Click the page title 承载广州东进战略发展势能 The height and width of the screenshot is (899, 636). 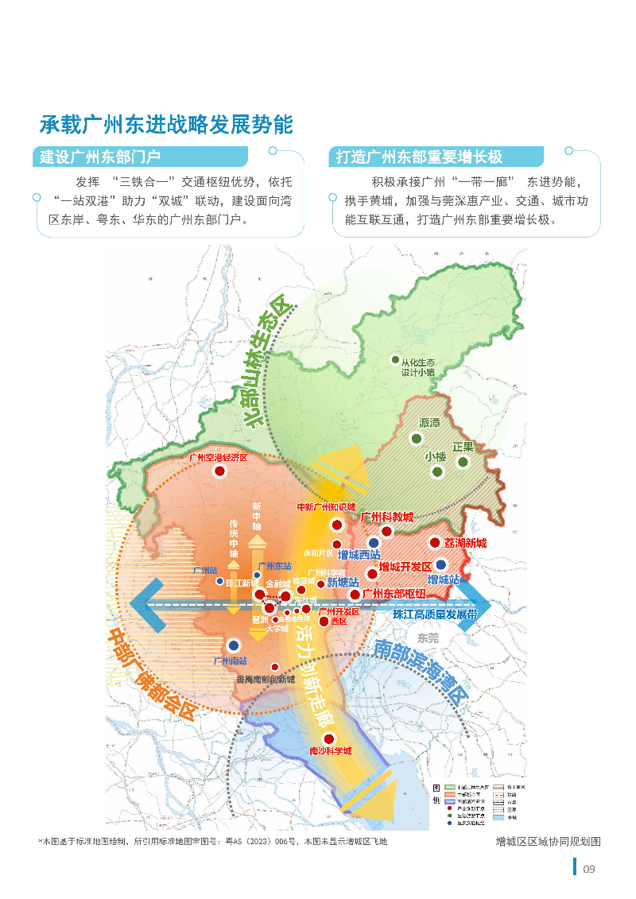(x=166, y=125)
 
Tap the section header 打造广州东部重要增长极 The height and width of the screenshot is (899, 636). (x=419, y=157)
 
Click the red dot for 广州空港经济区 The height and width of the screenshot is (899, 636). (x=219, y=471)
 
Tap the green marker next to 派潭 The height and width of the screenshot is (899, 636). (x=416, y=438)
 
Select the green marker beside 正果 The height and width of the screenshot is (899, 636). (x=463, y=461)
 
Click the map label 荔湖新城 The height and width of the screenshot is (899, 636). (x=465, y=544)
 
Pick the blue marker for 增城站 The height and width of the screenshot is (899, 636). (x=441, y=564)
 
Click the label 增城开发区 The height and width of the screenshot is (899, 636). (x=405, y=567)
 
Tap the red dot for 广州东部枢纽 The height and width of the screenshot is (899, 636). (x=355, y=594)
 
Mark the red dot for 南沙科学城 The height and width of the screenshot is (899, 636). (x=328, y=738)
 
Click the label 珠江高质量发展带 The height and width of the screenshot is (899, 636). (x=435, y=615)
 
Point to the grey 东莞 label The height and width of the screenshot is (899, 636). (x=428, y=637)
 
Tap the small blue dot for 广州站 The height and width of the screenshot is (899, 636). (x=220, y=581)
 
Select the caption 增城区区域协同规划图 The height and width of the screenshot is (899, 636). (x=547, y=841)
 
